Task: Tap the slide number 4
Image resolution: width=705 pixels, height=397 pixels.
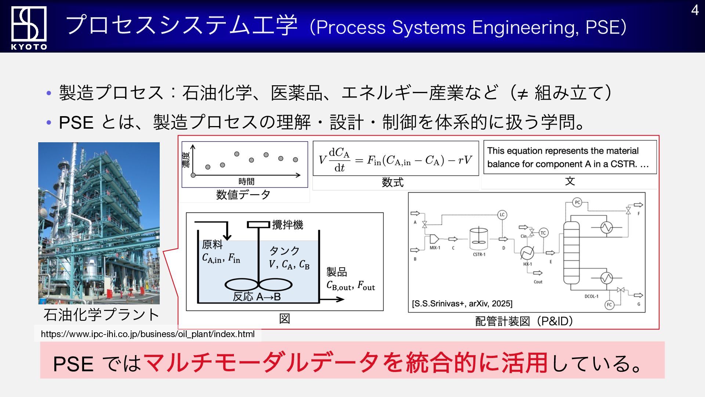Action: pyautogui.click(x=695, y=10)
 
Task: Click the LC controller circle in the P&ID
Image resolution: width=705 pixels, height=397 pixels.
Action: pyautogui.click(x=502, y=215)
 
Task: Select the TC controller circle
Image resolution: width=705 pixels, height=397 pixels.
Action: pyautogui.click(x=543, y=233)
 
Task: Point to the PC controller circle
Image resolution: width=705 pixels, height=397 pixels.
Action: pyautogui.click(x=577, y=203)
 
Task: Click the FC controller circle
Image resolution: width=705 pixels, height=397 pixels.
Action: pyautogui.click(x=609, y=305)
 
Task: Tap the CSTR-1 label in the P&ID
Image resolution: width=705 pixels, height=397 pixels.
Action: pyautogui.click(x=479, y=254)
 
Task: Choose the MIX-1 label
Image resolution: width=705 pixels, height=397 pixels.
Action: pyautogui.click(x=435, y=248)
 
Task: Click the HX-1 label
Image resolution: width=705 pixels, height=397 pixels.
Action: pyautogui.click(x=527, y=264)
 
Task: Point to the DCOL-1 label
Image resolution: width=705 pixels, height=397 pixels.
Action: pyautogui.click(x=591, y=296)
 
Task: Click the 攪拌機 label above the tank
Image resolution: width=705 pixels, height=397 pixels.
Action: pyautogui.click(x=288, y=225)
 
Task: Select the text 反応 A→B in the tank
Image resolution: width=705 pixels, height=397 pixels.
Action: pyautogui.click(x=257, y=297)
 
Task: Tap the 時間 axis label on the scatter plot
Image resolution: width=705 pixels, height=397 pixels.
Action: pyautogui.click(x=246, y=181)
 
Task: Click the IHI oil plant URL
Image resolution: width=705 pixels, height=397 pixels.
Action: pyautogui.click(x=148, y=334)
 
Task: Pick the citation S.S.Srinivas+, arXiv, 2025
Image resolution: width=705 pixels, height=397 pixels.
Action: pyautogui.click(x=462, y=304)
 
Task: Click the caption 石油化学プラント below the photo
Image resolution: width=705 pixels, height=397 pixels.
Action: pyautogui.click(x=101, y=315)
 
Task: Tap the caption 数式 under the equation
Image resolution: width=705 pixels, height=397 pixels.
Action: pyautogui.click(x=393, y=182)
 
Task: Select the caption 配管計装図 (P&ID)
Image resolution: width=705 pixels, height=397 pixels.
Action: pyautogui.click(x=524, y=321)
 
